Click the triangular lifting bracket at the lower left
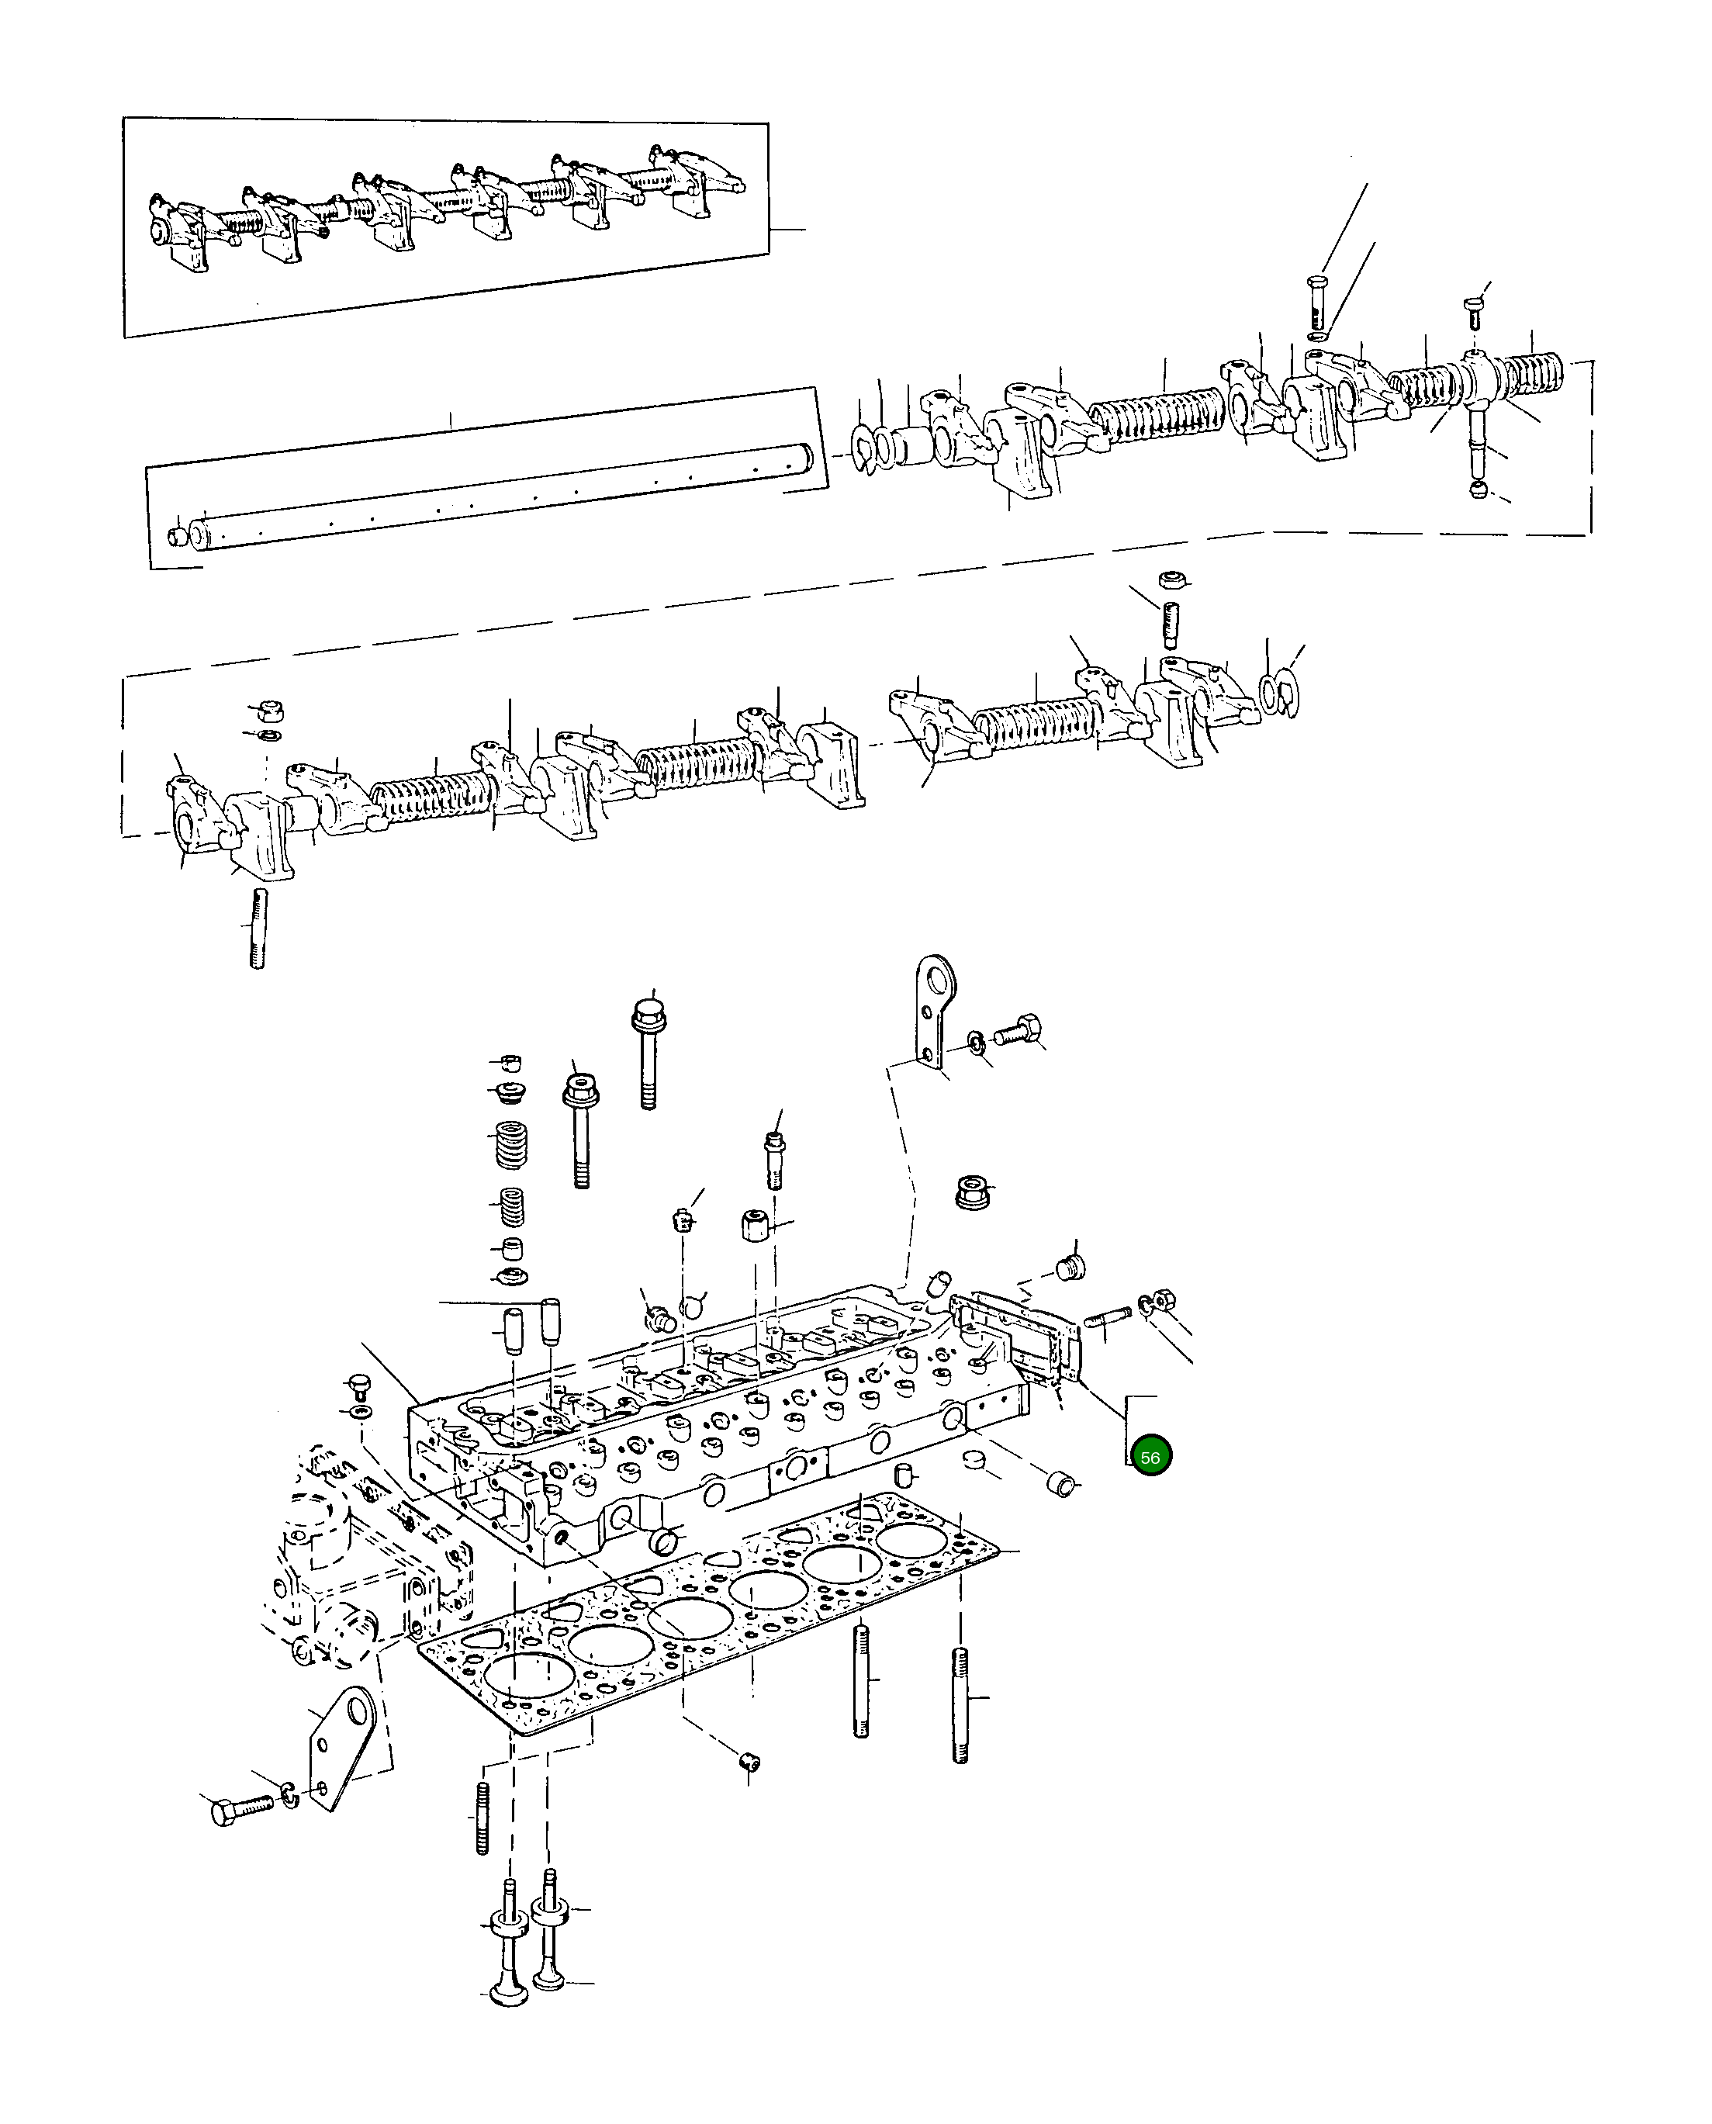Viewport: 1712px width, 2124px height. (x=341, y=1746)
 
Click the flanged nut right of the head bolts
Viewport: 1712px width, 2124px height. (x=974, y=1192)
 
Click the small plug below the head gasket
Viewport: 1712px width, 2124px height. (x=749, y=1761)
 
